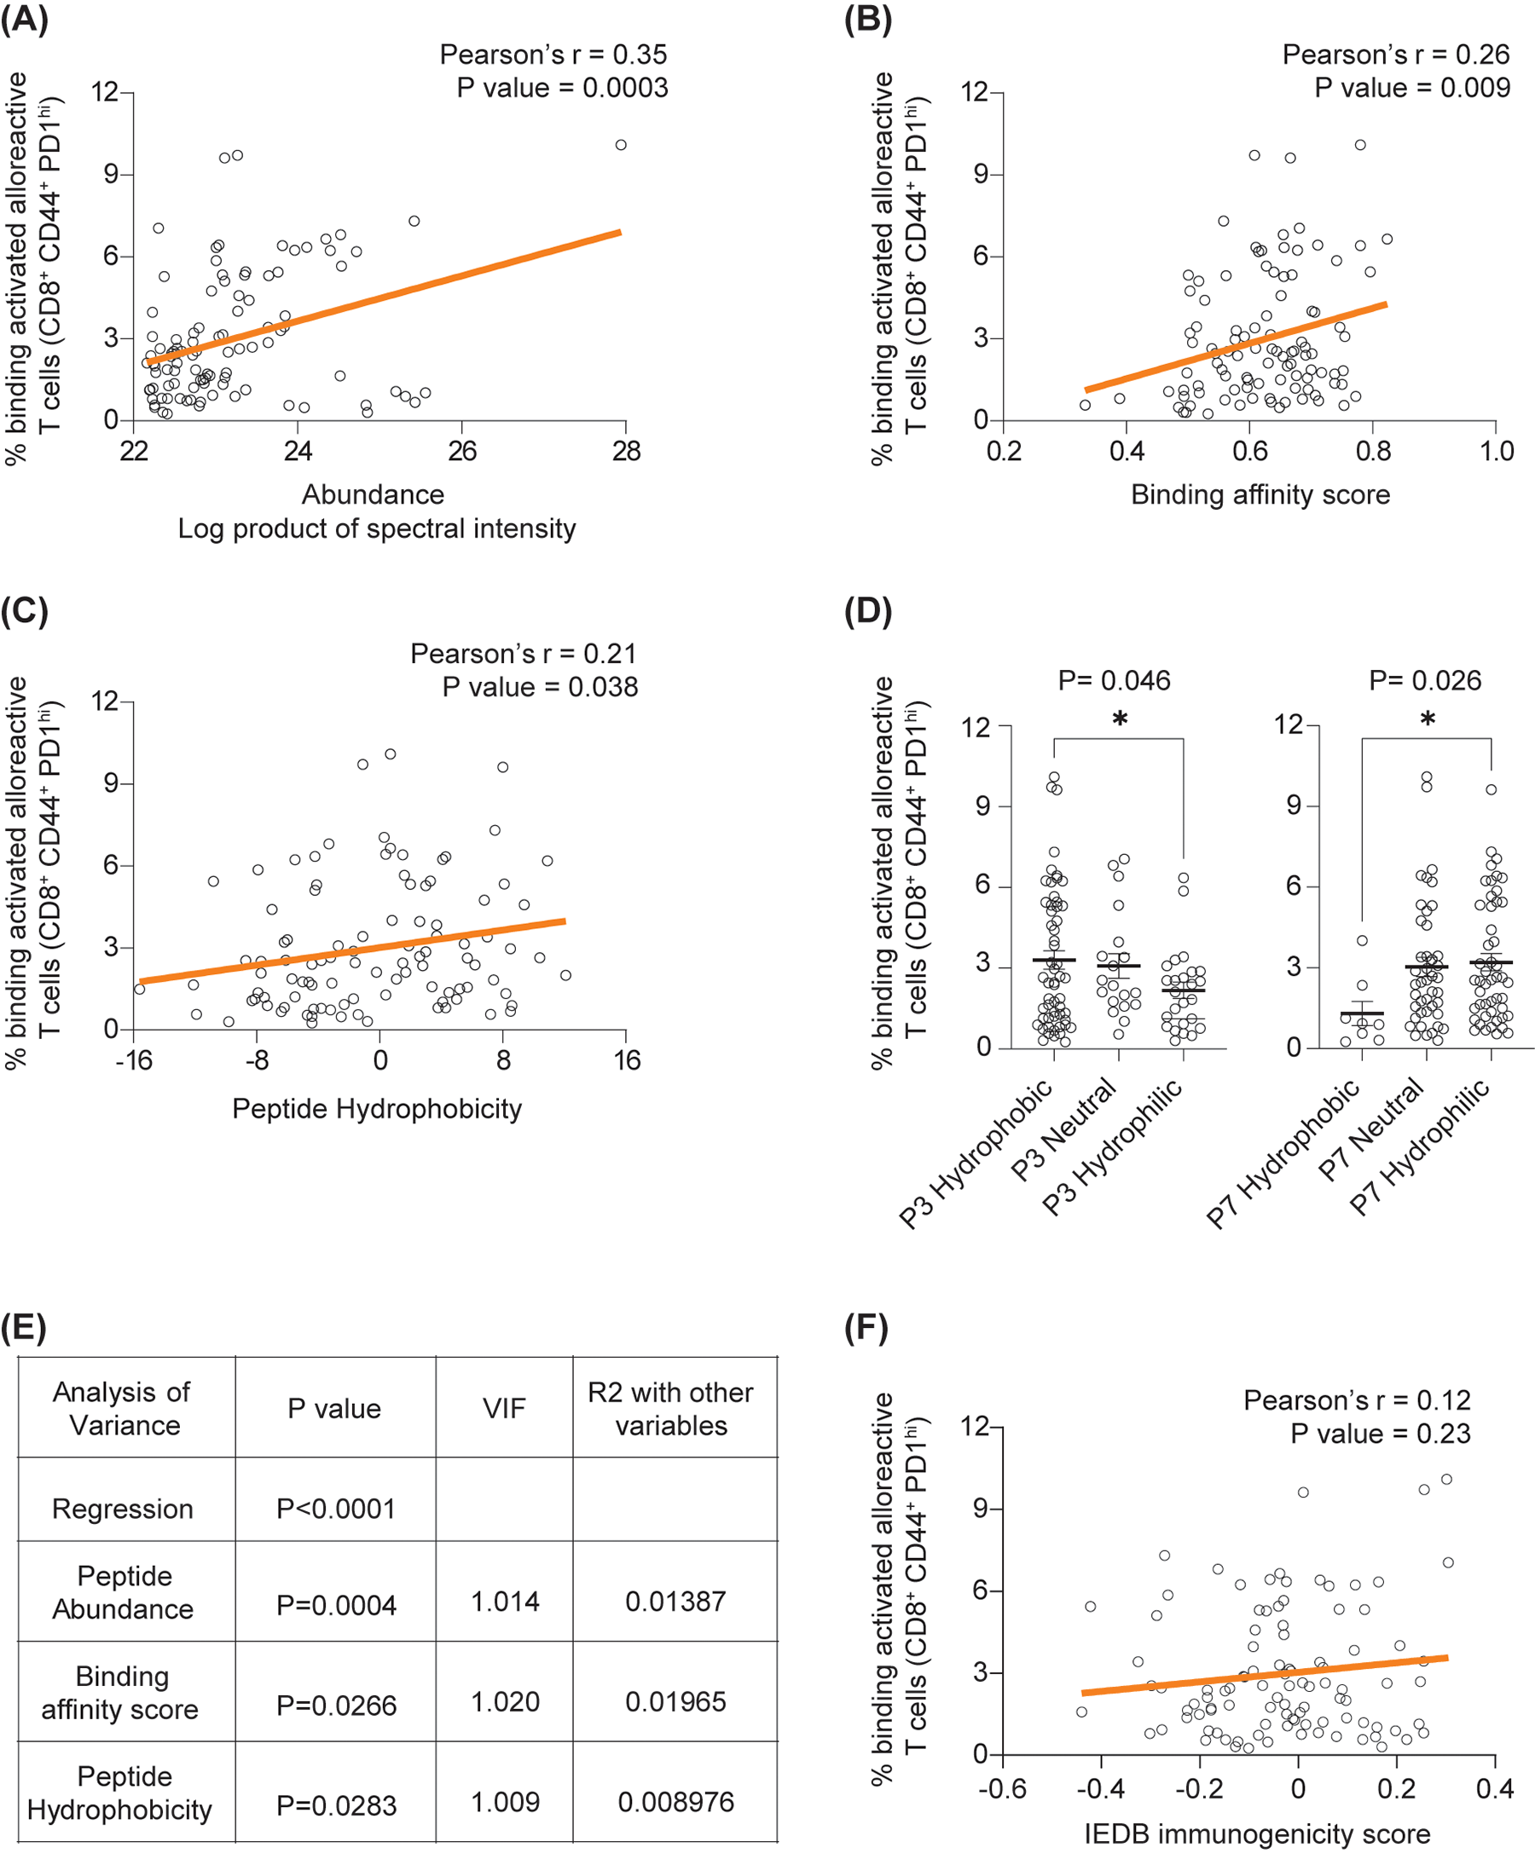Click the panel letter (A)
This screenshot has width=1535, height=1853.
[x=24, y=20]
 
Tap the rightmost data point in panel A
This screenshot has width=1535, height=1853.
[x=621, y=145]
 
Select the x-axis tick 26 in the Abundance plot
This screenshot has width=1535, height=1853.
[x=461, y=452]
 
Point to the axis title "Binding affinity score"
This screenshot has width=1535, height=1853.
[x=1260, y=495]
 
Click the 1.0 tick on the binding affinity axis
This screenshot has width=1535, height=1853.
[x=1496, y=452]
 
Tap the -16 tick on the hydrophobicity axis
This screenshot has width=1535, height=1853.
[x=133, y=1060]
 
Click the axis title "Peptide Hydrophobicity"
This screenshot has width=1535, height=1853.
[x=377, y=1109]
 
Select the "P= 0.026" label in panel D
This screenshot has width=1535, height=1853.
[x=1425, y=680]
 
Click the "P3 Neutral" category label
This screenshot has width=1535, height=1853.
[x=1064, y=1131]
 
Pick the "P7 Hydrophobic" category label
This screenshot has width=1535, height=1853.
[x=1284, y=1155]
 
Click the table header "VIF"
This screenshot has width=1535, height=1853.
[x=504, y=1409]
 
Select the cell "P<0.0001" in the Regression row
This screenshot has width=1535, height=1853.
[x=335, y=1509]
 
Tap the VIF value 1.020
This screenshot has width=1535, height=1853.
[x=505, y=1702]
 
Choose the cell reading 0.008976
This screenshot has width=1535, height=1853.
[x=675, y=1802]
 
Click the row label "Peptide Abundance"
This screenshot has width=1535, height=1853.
[x=124, y=1593]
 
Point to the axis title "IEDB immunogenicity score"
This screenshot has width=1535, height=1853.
[x=1257, y=1834]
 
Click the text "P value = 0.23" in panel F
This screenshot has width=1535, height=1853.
[x=1380, y=1434]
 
